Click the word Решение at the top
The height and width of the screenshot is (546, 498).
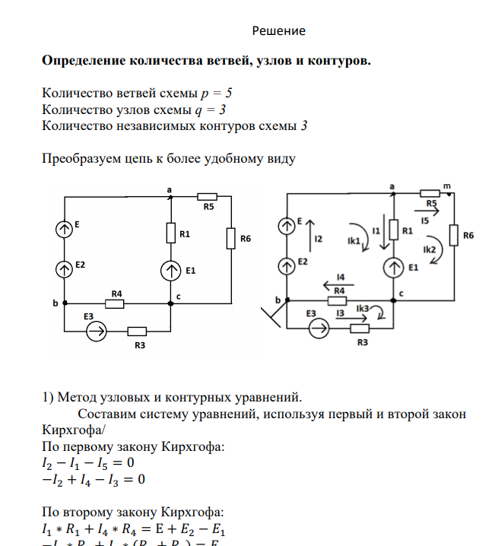tap(278, 31)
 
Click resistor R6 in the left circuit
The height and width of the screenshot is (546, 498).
tap(230, 239)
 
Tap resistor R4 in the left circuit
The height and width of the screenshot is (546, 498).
tap(115, 303)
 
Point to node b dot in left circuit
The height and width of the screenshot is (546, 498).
tap(65, 303)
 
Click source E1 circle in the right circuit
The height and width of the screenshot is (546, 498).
tap(394, 268)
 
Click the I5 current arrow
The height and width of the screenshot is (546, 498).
tap(424, 214)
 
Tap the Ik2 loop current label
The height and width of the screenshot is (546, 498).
tap(429, 249)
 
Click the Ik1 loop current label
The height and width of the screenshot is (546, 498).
tap(353, 240)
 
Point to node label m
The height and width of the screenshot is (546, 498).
tap(446, 186)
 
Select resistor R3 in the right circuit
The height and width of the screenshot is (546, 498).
tap(359, 329)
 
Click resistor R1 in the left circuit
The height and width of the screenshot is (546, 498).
tap(171, 233)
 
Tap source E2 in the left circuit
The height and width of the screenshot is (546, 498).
tap(65, 268)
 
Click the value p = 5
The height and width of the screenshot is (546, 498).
tap(216, 93)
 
